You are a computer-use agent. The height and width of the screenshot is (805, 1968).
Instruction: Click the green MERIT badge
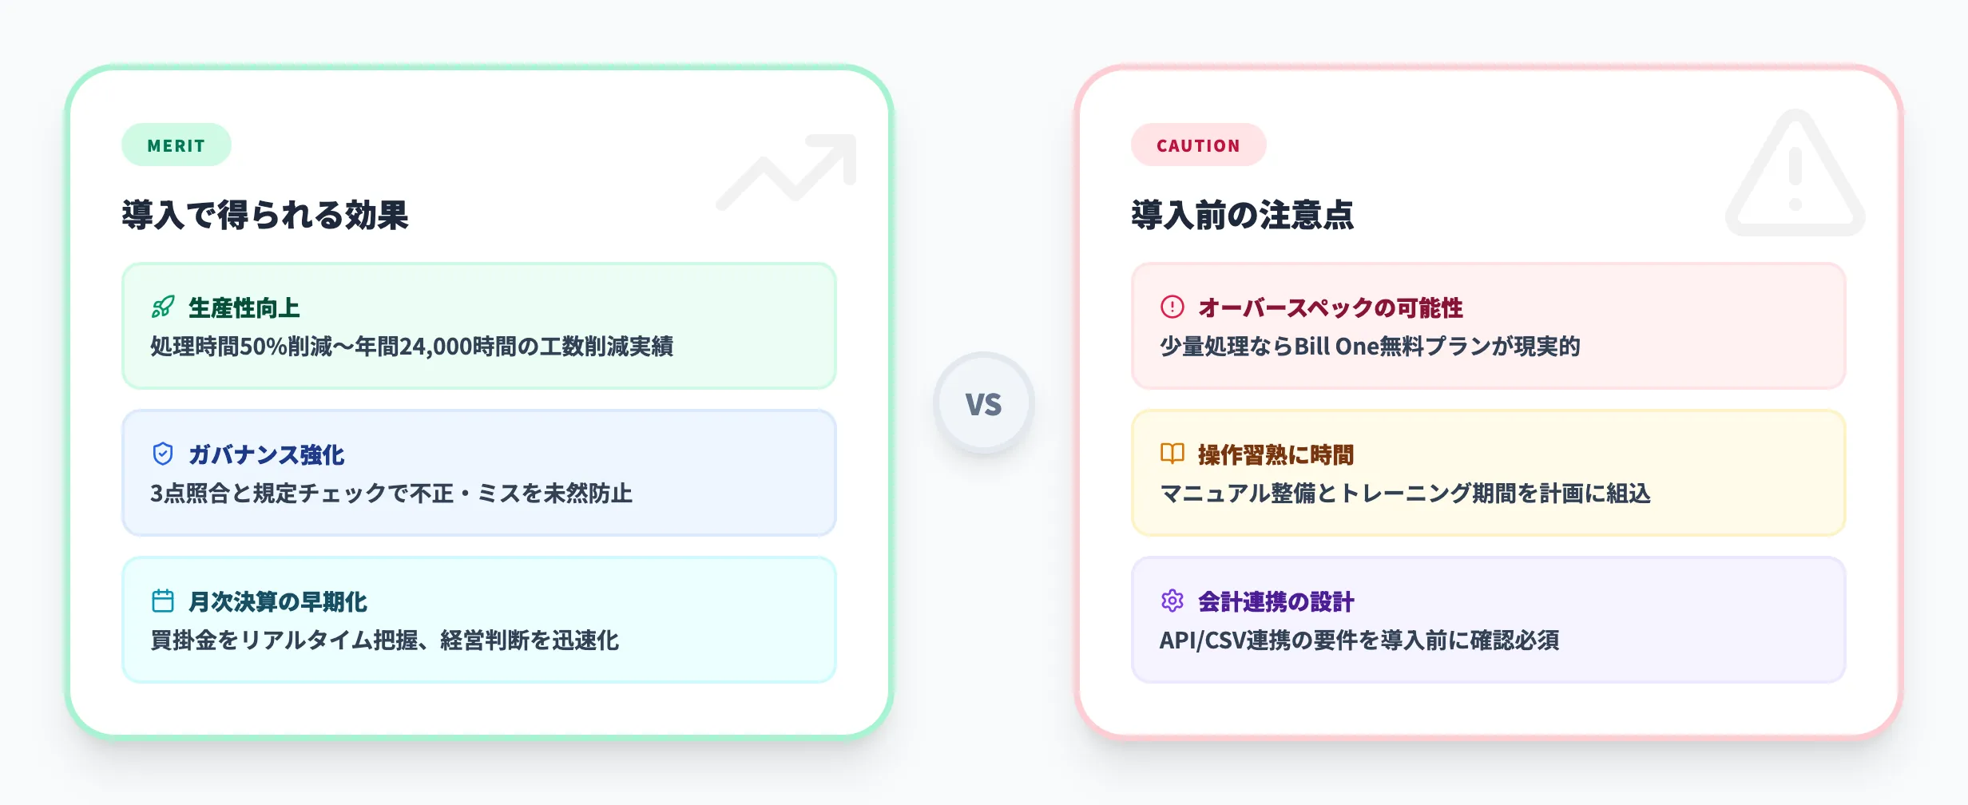[176, 145]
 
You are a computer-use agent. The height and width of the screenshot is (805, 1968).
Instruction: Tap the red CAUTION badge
[1198, 145]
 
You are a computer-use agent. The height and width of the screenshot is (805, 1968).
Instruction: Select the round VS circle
[983, 403]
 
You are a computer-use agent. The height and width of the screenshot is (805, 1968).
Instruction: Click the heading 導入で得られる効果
[265, 215]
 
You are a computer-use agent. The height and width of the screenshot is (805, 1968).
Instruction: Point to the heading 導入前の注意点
[1242, 215]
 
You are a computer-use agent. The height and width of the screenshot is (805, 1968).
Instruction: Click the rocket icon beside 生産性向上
[163, 307]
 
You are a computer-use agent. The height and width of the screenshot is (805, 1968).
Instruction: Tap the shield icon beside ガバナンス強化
[163, 454]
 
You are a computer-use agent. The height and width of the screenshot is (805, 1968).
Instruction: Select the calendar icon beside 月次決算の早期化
[163, 601]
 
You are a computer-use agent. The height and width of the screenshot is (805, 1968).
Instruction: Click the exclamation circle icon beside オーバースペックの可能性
[1172, 307]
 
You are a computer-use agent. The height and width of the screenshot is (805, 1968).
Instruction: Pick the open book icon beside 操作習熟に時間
[1172, 454]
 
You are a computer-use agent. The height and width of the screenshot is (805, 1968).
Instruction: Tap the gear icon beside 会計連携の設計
[1172, 601]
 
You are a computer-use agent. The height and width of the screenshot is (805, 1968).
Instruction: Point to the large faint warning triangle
[1795, 176]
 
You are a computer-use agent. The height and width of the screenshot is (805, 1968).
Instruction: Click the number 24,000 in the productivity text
[435, 347]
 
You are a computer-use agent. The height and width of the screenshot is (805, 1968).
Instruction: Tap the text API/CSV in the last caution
[1202, 640]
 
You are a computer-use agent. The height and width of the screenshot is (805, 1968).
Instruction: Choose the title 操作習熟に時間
[1276, 455]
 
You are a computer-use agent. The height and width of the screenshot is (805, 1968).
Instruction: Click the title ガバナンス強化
[266, 455]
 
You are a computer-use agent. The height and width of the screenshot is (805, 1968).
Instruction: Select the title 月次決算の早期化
[277, 602]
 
